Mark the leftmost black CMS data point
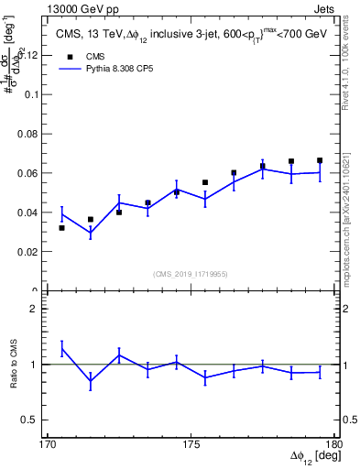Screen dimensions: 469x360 pos(61,227)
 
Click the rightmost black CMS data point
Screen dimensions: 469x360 pos(320,160)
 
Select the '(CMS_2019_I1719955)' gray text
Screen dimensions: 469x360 pos(191,272)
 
